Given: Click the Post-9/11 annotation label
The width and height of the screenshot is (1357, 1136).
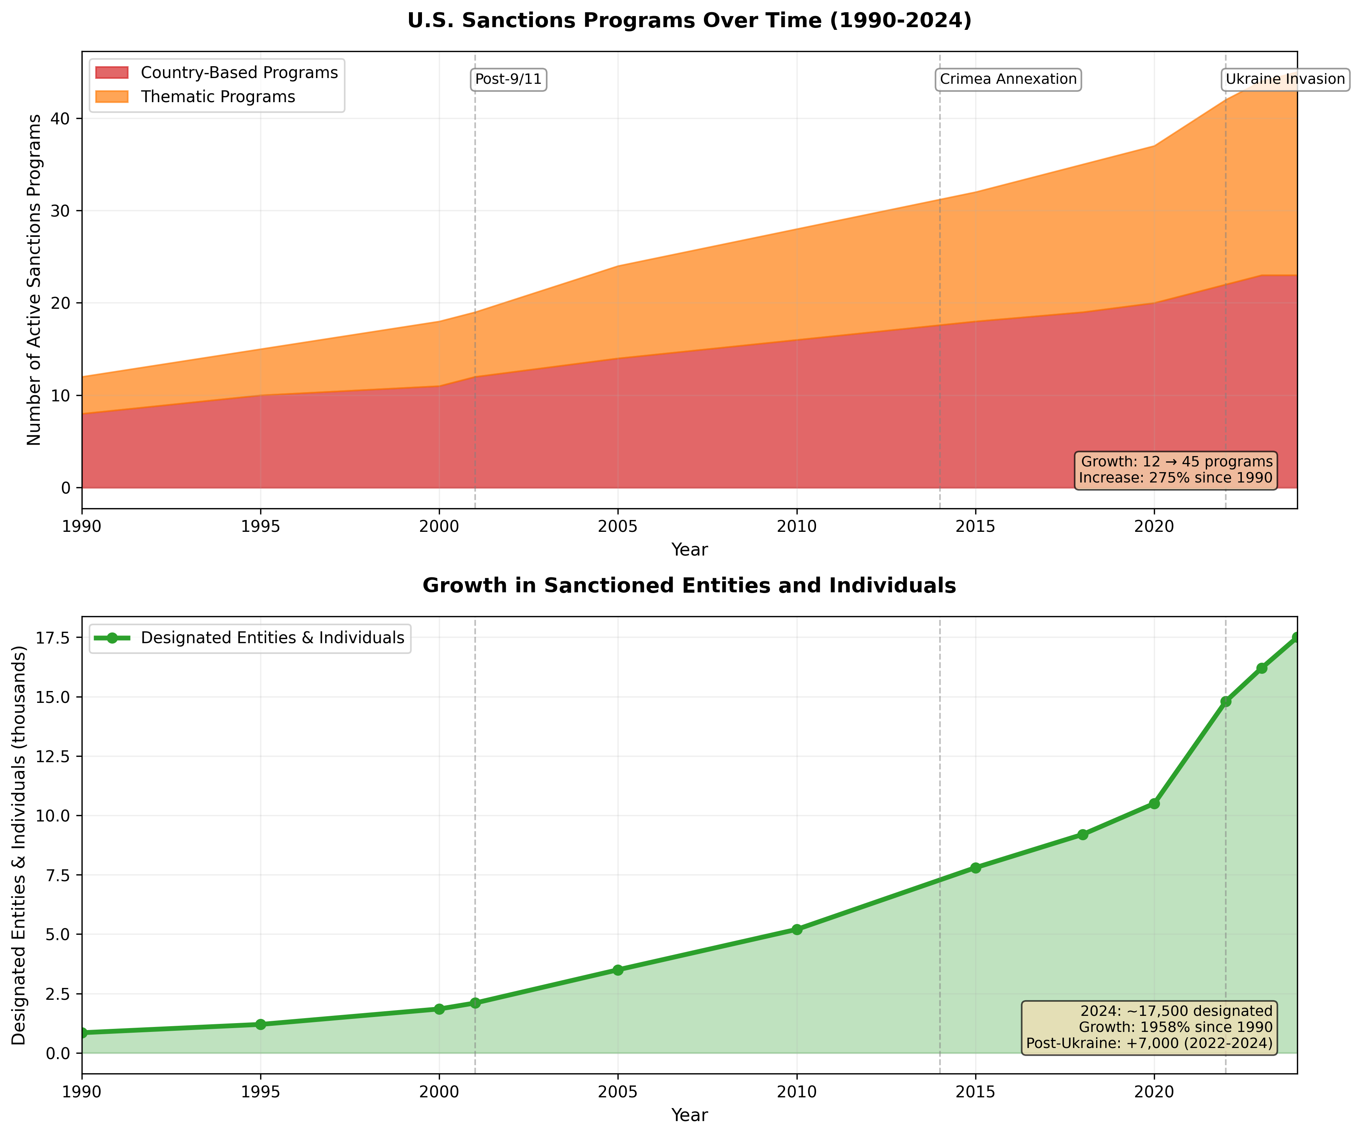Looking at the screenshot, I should coord(508,80).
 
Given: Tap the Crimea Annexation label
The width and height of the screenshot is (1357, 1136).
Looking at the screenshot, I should coord(1008,80).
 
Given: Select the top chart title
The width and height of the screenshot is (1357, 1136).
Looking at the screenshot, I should coord(689,21).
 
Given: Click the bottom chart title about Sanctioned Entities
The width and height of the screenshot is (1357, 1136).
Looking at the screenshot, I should coord(689,585).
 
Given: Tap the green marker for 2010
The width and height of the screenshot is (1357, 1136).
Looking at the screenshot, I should coord(797,929).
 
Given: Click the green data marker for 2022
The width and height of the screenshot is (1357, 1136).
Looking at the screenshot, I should coord(1226,701).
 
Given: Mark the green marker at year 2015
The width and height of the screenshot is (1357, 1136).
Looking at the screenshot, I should coord(976,868).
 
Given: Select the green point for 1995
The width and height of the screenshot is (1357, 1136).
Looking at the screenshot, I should coord(261,1024).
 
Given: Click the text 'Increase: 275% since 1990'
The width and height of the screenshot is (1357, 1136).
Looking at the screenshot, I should coord(1175,478).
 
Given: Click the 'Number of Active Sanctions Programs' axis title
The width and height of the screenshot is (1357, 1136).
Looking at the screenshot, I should coord(34,280).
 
